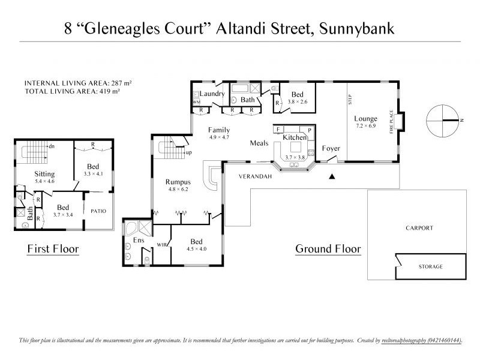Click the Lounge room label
tap(365, 118)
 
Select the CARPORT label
tap(419, 228)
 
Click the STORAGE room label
tap(430, 266)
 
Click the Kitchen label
tap(295, 137)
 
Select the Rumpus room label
tap(178, 182)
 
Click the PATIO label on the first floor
tap(98, 211)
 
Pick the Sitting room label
tap(44, 174)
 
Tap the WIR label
tap(161, 245)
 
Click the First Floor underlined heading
tap(53, 248)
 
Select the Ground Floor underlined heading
tap(328, 248)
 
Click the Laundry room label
tap(212, 94)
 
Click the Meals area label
tap(259, 143)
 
